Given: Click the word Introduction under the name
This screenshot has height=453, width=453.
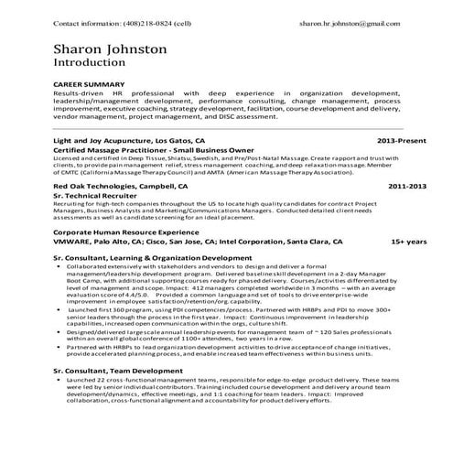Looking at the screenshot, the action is click(x=92, y=66).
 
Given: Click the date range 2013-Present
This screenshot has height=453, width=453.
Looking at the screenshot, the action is click(x=401, y=142).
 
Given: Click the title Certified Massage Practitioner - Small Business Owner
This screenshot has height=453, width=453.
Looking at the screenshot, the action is click(x=145, y=151).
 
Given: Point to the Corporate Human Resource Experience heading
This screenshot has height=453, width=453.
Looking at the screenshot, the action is click(x=124, y=232).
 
